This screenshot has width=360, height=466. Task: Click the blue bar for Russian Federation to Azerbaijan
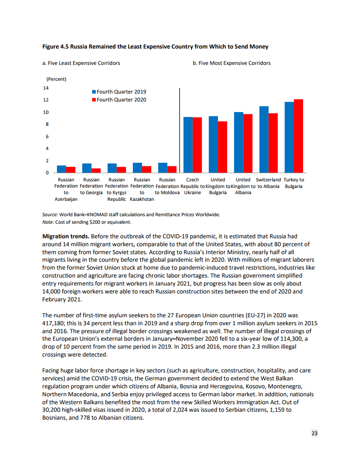point(61,169)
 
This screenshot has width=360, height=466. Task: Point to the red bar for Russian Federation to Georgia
point(96,170)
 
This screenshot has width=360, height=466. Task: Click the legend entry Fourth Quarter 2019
point(119,92)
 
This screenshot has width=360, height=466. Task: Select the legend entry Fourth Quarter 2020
point(119,100)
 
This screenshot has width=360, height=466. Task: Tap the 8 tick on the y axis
point(46,124)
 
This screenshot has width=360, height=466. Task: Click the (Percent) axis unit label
point(56,79)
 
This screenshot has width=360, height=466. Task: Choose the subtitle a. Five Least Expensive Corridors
point(81,63)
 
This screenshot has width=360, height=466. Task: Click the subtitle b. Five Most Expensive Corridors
point(232,63)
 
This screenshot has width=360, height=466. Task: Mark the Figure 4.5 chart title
point(155,46)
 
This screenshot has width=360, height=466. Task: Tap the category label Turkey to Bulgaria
point(294,183)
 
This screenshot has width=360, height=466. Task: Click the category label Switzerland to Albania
point(268,183)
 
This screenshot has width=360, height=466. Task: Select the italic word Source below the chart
point(50,215)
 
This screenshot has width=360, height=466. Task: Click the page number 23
point(314,433)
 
